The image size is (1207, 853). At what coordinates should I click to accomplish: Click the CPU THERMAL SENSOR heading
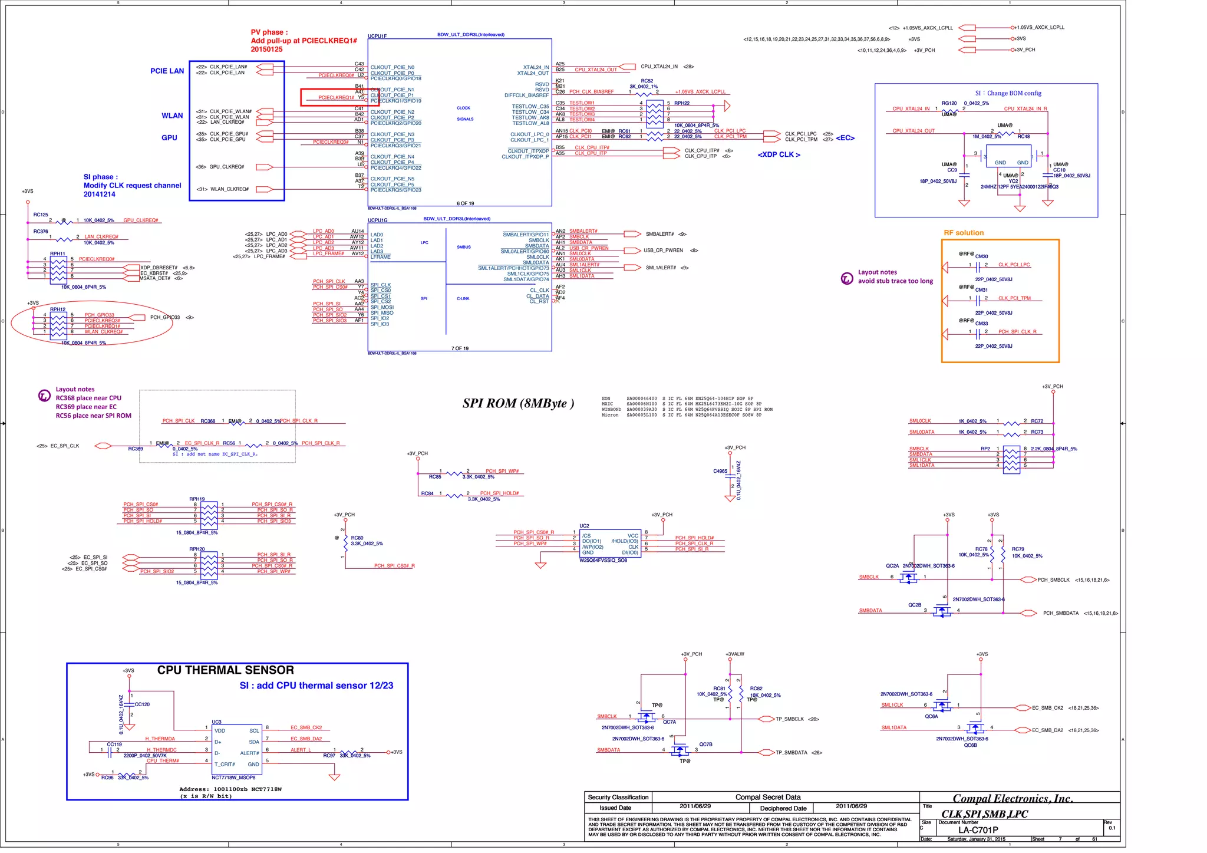coord(225,670)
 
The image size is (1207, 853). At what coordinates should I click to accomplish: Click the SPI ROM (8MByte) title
coord(518,403)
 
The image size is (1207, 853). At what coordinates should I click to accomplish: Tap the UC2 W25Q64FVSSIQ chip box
coord(610,544)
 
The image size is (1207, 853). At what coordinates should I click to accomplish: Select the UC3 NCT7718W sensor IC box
coord(237,747)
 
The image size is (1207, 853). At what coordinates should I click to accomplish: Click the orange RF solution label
coord(964,233)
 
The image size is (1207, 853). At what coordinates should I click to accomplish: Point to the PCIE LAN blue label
coord(167,71)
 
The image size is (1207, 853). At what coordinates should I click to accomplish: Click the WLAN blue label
coord(172,116)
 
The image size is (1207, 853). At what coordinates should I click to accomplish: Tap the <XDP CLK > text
coord(779,154)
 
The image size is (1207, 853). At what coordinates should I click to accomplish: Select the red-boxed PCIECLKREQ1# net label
coord(336,98)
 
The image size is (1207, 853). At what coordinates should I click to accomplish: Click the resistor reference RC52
coord(647,81)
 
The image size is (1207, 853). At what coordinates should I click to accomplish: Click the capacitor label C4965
coord(720,471)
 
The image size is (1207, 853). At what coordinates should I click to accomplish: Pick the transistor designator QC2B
coord(914,605)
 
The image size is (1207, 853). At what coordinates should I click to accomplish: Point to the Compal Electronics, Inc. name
coord(1013,799)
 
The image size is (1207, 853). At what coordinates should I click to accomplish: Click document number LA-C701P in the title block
coord(978,830)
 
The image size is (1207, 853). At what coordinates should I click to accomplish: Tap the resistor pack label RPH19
coord(197,499)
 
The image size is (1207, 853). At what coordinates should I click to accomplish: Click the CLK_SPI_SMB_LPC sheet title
coord(984,814)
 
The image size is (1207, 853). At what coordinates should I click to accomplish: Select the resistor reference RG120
coord(949,103)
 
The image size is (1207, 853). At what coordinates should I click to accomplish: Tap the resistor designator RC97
coord(329,756)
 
